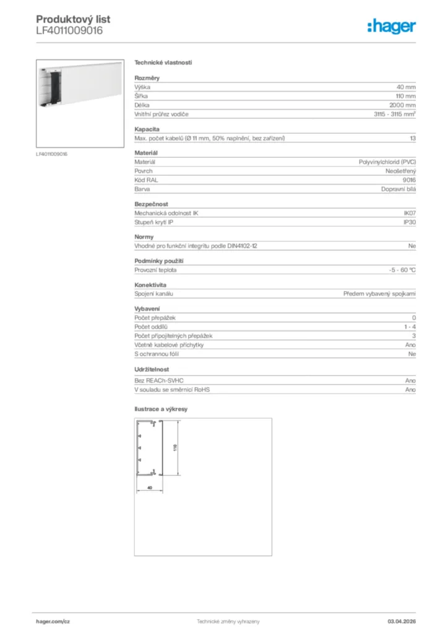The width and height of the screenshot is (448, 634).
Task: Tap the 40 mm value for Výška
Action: click(406, 88)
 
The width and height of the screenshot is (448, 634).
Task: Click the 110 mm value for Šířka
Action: click(406, 97)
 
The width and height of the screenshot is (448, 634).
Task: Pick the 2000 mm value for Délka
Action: click(403, 106)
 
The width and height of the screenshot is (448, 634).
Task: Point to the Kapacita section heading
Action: click(147, 129)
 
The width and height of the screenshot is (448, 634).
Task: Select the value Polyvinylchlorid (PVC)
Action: click(387, 162)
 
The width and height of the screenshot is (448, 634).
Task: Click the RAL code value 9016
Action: click(410, 180)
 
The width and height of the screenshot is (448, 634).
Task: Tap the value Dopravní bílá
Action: click(398, 189)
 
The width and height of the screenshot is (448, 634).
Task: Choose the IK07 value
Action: click(410, 213)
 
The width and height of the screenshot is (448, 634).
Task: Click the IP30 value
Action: click(410, 222)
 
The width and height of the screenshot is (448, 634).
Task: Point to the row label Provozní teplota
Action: click(155, 270)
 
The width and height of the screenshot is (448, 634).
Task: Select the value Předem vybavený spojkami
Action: click(379, 293)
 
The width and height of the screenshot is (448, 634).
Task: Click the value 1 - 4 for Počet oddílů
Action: click(410, 326)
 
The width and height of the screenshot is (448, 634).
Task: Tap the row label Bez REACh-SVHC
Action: click(159, 381)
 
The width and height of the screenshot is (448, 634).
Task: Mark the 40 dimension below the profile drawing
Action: click(149, 488)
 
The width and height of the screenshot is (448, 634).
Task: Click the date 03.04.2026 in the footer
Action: click(401, 621)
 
